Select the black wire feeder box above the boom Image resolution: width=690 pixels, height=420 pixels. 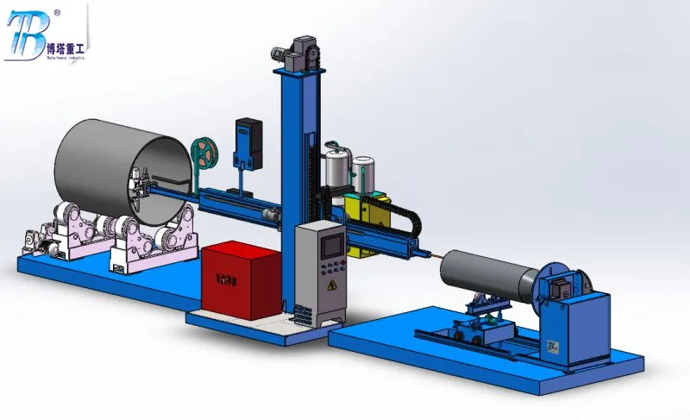pos(248,139)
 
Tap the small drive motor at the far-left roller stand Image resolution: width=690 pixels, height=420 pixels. pos(33,238)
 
